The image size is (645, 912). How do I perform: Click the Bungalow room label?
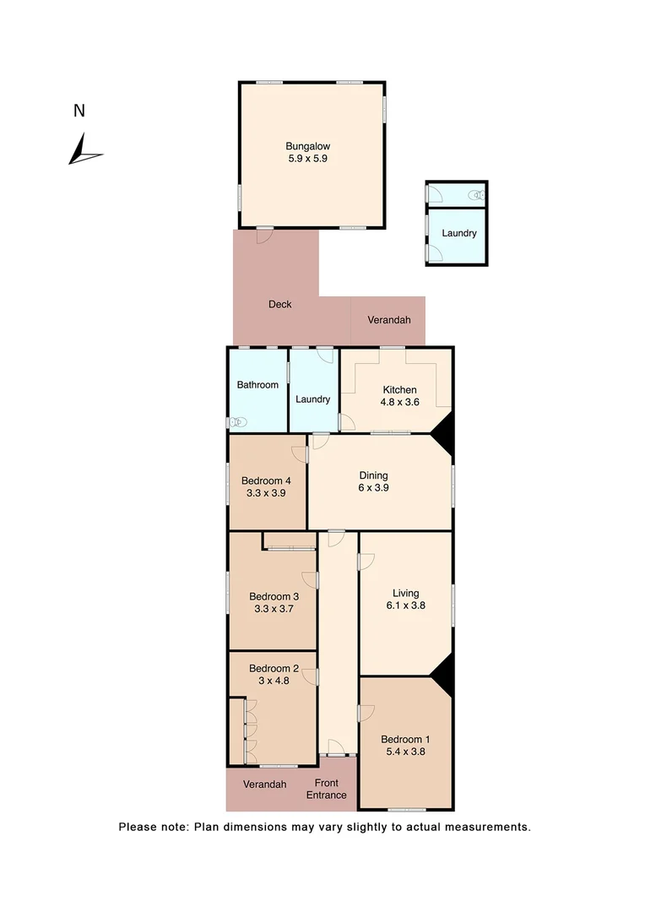[307, 145]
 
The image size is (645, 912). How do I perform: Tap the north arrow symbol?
[84, 150]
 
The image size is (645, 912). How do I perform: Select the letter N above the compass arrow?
[79, 111]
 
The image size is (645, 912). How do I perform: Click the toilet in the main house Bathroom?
[239, 422]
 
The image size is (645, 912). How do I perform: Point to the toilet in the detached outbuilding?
[479, 194]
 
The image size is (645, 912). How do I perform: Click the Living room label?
[405, 593]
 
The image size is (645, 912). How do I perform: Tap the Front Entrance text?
[326, 789]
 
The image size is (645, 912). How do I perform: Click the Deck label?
[279, 304]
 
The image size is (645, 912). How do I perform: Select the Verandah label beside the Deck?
[389, 320]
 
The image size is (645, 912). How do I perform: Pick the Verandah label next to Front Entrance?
[264, 784]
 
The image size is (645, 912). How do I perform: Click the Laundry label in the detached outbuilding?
[459, 234]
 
